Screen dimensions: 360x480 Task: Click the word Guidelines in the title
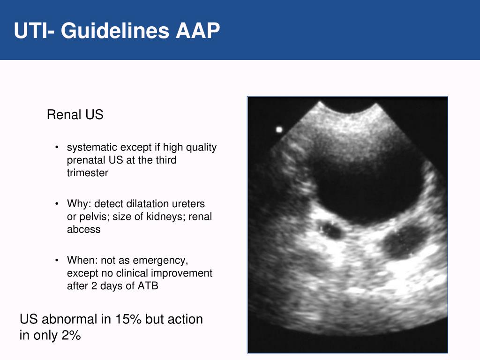click(115, 31)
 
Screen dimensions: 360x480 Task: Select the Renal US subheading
click(75, 115)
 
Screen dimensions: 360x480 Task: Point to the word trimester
click(88, 173)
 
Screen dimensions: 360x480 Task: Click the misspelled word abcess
click(83, 230)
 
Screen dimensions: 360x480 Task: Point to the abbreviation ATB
click(148, 286)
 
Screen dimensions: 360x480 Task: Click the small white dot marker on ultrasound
click(279, 129)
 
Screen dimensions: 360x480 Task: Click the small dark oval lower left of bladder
click(331, 229)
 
